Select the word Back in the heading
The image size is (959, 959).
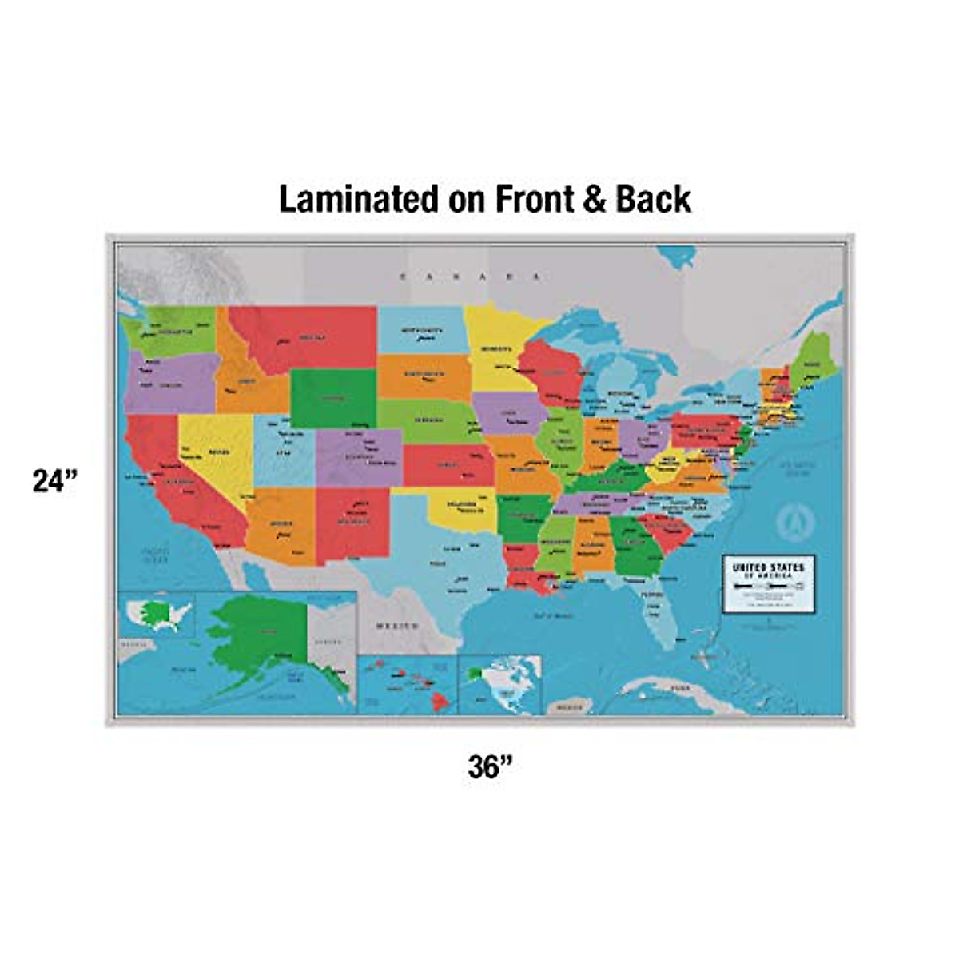click(653, 199)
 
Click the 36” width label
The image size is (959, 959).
click(489, 767)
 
